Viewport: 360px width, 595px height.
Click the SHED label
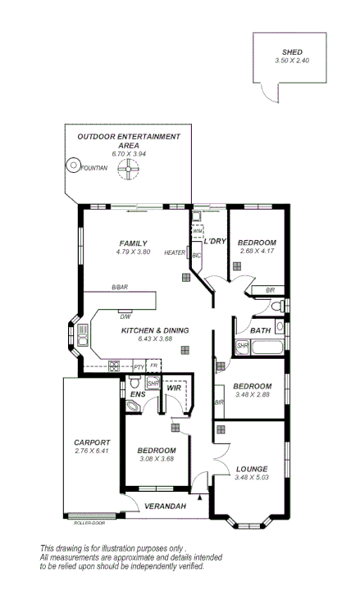pos(291,52)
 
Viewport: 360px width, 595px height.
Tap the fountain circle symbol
pos(73,166)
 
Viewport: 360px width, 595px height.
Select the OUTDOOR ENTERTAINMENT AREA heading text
pos(128,140)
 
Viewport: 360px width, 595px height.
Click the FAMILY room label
pos(133,243)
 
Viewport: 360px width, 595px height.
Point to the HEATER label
pos(175,252)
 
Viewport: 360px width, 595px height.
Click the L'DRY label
pos(214,242)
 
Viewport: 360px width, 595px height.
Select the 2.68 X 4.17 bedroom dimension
pos(256,252)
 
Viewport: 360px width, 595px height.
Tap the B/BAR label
pos(120,288)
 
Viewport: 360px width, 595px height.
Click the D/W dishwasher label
pos(125,316)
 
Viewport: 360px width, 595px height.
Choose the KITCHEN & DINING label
pos(155,330)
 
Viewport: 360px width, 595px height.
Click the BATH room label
pos(261,331)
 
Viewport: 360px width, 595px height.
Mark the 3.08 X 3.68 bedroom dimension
pos(156,459)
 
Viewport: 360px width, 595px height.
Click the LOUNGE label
pos(251,469)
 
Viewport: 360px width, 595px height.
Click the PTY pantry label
pos(139,366)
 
